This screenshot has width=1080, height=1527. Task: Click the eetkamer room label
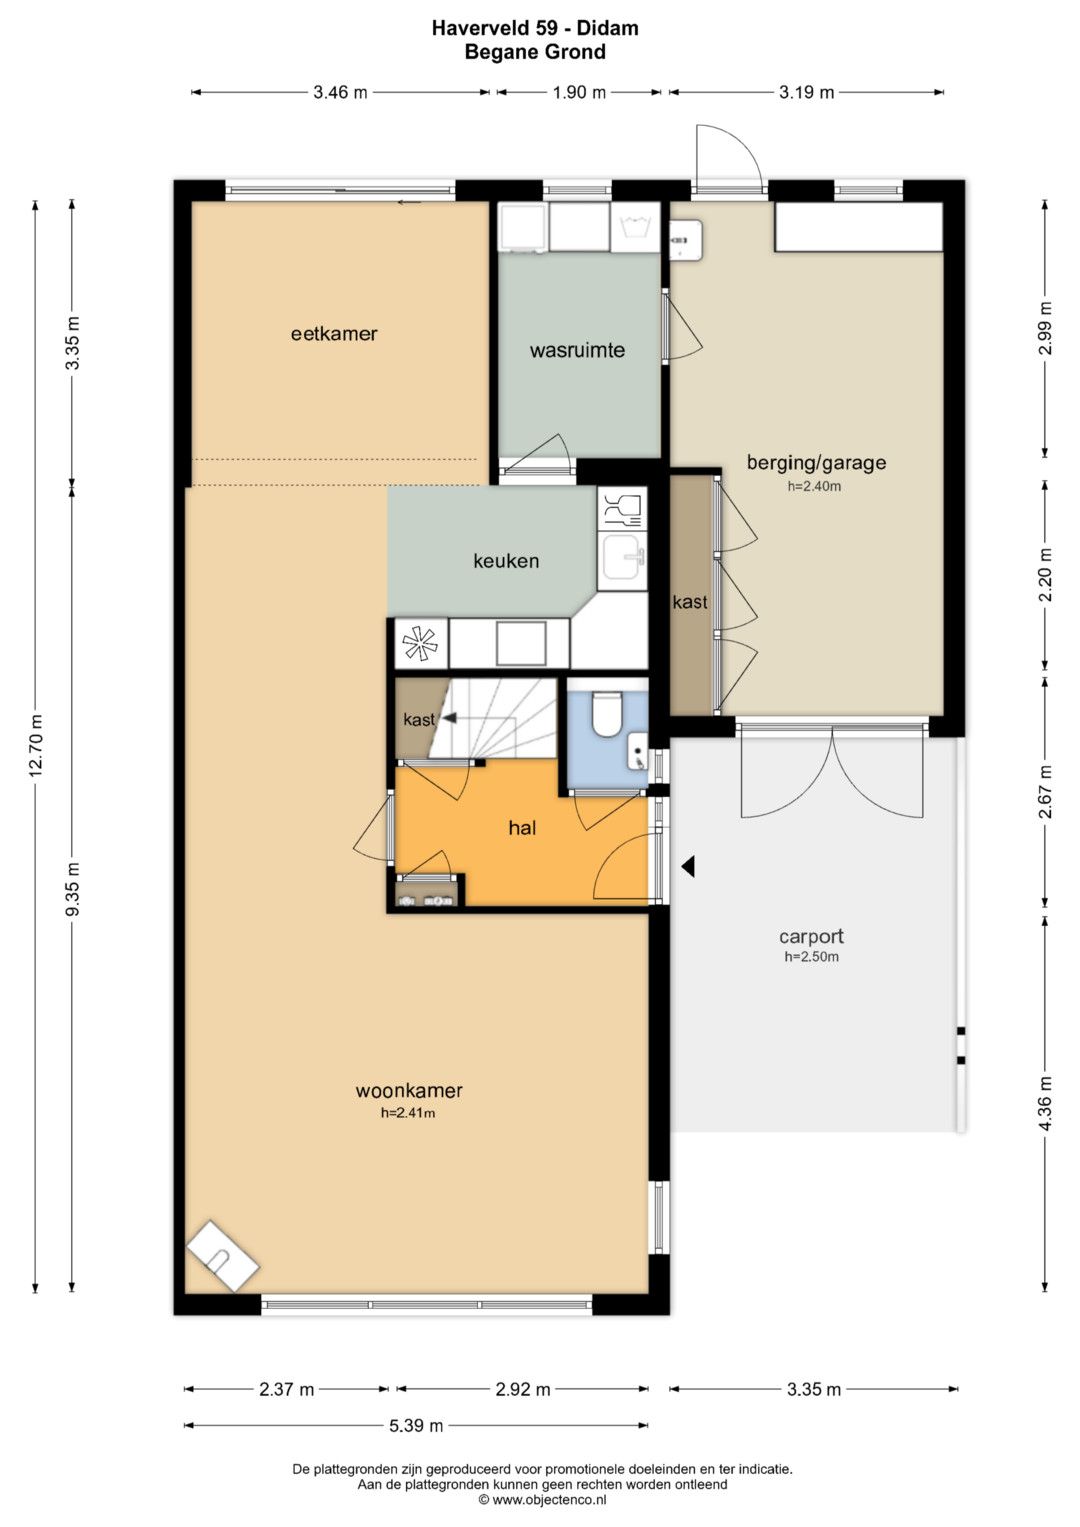(334, 334)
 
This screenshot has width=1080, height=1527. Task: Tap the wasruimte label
(578, 350)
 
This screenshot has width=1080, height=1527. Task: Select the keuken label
(506, 561)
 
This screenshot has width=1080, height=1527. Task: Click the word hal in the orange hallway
(522, 828)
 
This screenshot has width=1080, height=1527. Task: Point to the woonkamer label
(409, 1090)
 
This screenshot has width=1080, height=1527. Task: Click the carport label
(811, 937)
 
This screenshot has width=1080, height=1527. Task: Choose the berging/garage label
(816, 463)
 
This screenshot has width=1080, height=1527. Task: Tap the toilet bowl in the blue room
(605, 714)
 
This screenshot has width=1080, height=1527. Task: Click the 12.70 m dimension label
(35, 745)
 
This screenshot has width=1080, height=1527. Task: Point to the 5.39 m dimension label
(416, 1425)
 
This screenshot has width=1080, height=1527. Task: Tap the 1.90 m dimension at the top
(579, 92)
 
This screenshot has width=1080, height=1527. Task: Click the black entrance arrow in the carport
(688, 866)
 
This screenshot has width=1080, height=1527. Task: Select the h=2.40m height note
(814, 487)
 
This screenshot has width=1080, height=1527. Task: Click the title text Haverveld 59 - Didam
(535, 28)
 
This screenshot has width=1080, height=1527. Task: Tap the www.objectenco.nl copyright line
(543, 1499)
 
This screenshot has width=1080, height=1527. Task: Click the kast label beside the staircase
(419, 719)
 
